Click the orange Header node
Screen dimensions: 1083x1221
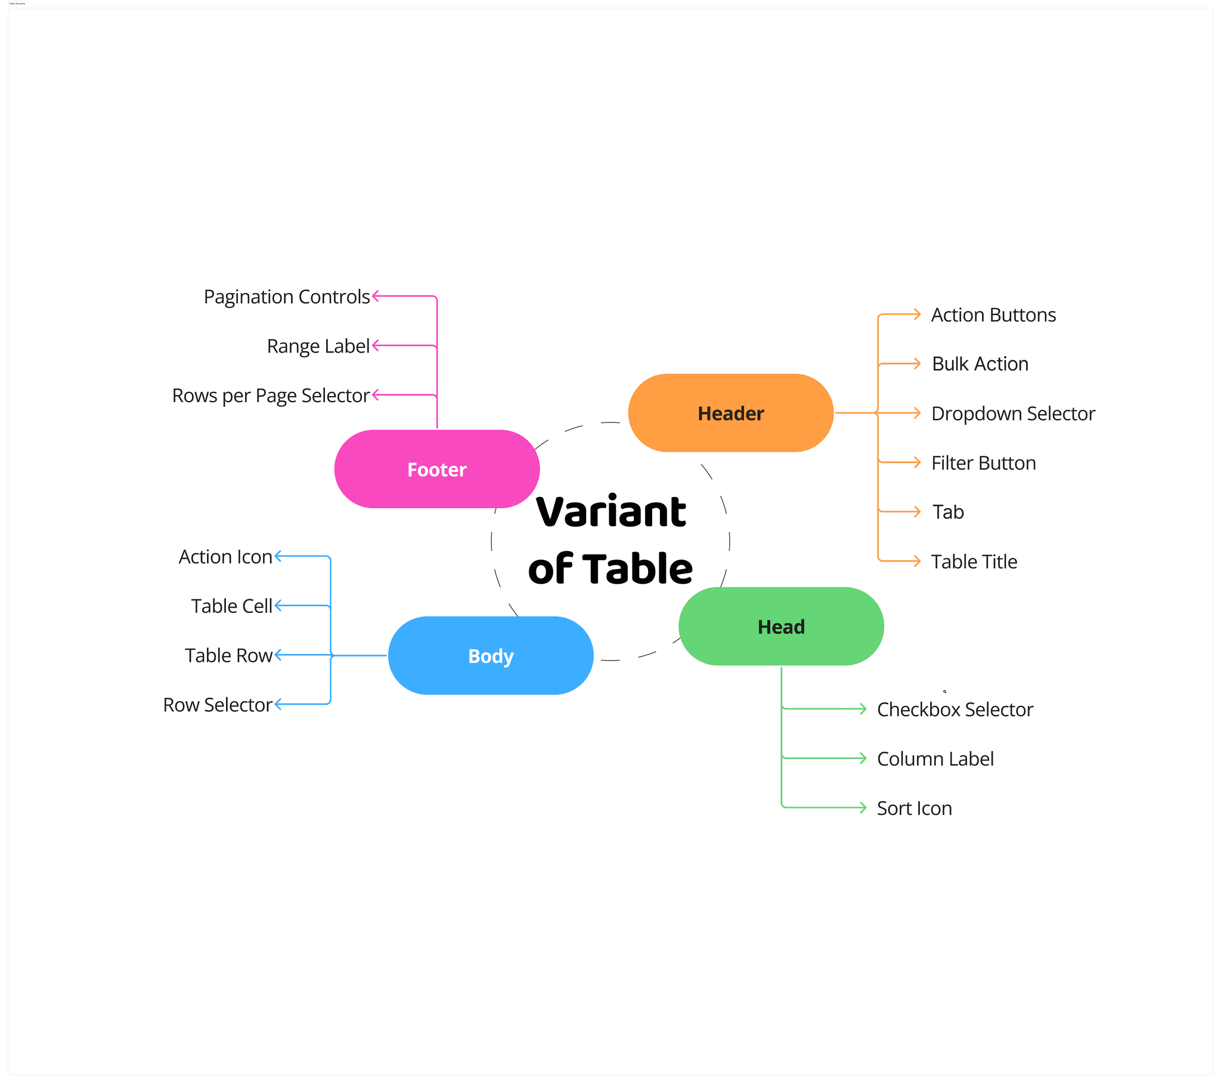[730, 413]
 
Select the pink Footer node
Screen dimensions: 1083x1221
[436, 469]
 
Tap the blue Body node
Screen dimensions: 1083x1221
[491, 655]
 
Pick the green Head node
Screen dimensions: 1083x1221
[781, 626]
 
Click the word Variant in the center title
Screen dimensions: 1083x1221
[611, 512]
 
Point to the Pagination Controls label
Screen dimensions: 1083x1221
[287, 297]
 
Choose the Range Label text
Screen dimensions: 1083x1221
[318, 346]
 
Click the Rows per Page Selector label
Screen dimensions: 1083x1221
[271, 396]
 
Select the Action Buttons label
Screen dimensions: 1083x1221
[993, 315]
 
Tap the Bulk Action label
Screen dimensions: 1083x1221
[980, 363]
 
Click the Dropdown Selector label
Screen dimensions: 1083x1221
[1012, 413]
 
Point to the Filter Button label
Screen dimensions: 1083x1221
[983, 463]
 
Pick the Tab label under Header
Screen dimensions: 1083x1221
[948, 512]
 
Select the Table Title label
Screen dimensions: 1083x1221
[974, 561]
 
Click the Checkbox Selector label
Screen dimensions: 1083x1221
[955, 709]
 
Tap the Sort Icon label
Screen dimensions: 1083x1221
[914, 808]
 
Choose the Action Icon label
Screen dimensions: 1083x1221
[225, 556]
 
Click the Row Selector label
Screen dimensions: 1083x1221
[218, 705]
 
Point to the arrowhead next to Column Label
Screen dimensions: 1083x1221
[863, 758]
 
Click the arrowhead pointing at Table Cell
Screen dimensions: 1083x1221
[278, 605]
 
